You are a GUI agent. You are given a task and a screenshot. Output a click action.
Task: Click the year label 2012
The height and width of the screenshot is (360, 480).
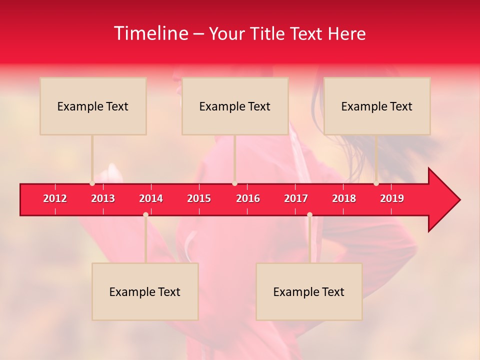pos(55,198)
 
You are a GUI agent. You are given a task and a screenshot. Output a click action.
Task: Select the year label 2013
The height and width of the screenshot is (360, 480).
pos(103,198)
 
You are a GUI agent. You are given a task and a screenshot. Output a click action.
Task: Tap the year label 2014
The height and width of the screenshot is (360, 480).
pos(151,198)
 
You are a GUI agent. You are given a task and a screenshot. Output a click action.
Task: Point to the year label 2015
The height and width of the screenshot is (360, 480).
pos(199,198)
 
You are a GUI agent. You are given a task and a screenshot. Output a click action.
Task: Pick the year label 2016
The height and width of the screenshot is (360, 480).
pos(248,198)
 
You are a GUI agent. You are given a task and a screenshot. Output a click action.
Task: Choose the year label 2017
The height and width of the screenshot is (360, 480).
pos(296,198)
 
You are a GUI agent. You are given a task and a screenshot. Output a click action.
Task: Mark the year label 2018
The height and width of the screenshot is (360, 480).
pos(344,198)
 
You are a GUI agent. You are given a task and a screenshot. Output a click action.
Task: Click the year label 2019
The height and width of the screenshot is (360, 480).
pos(392,198)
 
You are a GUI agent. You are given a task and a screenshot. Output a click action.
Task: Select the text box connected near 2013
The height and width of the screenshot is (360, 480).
pos(93,106)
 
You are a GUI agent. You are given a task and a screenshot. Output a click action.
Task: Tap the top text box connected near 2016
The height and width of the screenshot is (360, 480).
pos(235,106)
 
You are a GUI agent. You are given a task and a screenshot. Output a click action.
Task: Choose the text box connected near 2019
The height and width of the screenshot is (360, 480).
pos(377,106)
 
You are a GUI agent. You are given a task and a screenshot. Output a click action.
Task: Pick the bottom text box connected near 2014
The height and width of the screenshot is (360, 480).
pos(145,291)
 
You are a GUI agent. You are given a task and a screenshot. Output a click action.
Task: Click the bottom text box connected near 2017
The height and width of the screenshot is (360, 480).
pos(309,291)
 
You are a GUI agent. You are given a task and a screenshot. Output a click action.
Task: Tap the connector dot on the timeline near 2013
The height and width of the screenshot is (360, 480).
pos(92,183)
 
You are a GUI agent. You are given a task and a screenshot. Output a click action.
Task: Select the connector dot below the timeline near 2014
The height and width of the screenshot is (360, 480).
pos(145,215)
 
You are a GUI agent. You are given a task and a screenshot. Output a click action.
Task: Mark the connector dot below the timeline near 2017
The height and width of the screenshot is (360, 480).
pos(309,215)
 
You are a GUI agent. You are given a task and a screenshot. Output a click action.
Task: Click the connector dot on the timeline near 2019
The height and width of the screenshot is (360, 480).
pos(376,183)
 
